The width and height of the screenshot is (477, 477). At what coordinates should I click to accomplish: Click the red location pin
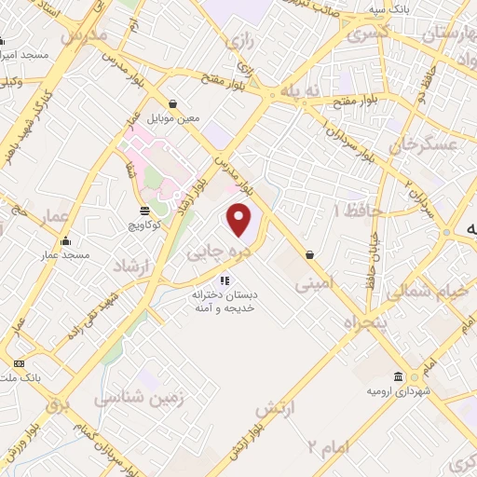click(x=239, y=220)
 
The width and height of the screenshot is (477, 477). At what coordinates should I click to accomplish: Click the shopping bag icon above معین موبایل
click(x=173, y=103)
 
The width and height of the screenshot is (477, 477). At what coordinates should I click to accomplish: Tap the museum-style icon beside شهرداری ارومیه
click(x=399, y=375)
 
